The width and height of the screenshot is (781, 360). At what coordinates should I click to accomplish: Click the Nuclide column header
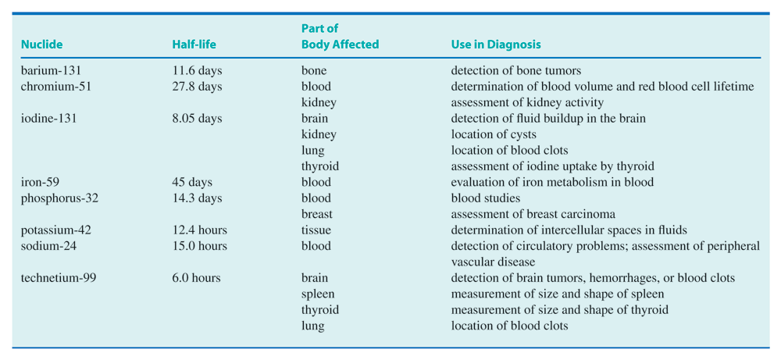pyautogui.click(x=41, y=45)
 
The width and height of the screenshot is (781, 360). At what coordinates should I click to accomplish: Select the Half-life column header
pyautogui.click(x=194, y=45)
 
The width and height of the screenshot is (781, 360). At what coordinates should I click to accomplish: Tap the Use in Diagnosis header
pyautogui.click(x=496, y=45)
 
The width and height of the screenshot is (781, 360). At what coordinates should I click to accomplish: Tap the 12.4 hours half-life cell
pyautogui.click(x=199, y=230)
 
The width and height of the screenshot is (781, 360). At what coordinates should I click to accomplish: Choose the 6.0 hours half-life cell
pyautogui.click(x=196, y=278)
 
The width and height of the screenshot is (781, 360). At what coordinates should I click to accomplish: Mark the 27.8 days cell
pyautogui.click(x=197, y=87)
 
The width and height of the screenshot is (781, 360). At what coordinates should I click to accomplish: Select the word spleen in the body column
pyautogui.click(x=318, y=294)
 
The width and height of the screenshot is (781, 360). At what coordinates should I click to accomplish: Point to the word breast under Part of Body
pyautogui.click(x=317, y=214)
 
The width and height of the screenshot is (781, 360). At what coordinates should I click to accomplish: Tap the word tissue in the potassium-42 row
pyautogui.click(x=316, y=230)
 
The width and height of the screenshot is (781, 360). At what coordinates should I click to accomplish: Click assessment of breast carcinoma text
pyautogui.click(x=533, y=214)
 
